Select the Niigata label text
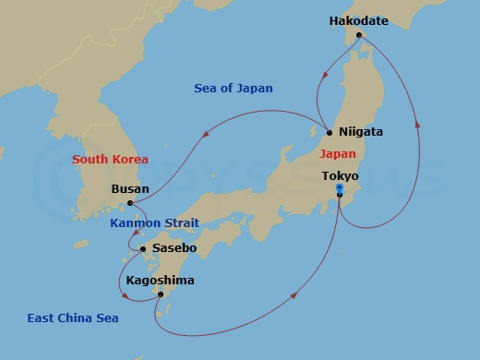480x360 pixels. (361, 132)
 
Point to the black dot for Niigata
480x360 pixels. (330, 132)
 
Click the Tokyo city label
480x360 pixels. (340, 175)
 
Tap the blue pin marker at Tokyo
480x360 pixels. (340, 189)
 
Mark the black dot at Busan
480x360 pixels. (131, 203)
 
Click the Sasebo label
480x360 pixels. (174, 248)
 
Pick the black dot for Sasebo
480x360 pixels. (142, 249)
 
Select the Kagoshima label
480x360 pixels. (162, 279)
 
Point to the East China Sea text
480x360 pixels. (78, 318)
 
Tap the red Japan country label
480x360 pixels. (339, 155)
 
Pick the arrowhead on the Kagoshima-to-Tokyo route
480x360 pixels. (295, 295)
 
